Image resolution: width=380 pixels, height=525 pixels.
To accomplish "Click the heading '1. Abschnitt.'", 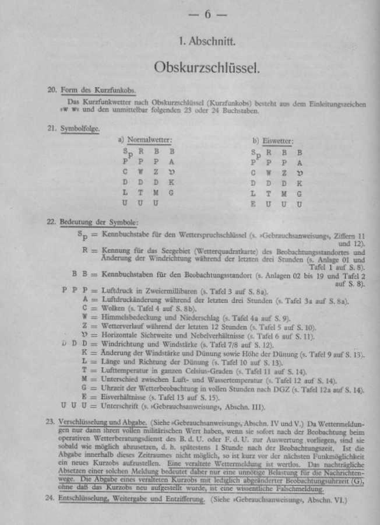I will [x=207, y=42].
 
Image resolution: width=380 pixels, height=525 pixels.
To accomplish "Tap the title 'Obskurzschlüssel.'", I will [x=207, y=68].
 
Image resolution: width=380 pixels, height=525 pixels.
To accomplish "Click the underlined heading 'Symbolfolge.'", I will [x=80, y=128].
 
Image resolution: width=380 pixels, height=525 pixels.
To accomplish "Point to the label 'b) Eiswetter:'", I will [x=273, y=141].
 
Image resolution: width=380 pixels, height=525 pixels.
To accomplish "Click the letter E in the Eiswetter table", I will [x=254, y=204].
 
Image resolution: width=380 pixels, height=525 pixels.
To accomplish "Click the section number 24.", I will [x=51, y=499].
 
